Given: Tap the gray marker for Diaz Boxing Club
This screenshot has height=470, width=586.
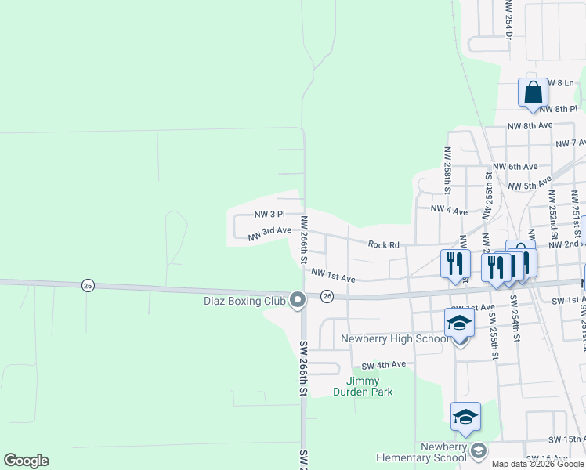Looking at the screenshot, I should (297, 299).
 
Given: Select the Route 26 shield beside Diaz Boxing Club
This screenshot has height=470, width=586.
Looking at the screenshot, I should (327, 296).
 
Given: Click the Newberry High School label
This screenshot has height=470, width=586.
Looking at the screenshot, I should (395, 339).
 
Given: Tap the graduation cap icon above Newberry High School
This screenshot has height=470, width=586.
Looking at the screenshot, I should (459, 323).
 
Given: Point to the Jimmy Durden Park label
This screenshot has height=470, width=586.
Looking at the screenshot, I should (363, 386).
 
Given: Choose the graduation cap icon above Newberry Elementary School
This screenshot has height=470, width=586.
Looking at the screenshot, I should (465, 417).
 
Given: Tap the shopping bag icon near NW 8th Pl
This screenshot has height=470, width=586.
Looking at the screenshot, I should (533, 92).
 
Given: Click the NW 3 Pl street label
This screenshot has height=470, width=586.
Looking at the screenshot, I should (269, 214).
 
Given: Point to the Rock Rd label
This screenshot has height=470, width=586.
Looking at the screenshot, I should (385, 245).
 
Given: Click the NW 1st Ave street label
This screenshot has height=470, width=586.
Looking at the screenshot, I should (333, 276).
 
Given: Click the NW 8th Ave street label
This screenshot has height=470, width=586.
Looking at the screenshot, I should (530, 125).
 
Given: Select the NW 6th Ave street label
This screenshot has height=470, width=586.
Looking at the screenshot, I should (515, 167).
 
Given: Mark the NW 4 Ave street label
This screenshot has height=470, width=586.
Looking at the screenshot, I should (449, 211).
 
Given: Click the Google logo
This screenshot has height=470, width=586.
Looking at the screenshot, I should (26, 461).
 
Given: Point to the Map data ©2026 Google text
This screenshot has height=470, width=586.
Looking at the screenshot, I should (537, 464).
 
